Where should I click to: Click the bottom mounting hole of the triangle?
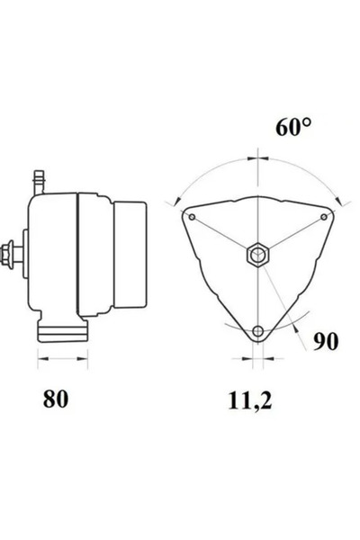[x=258, y=332]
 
